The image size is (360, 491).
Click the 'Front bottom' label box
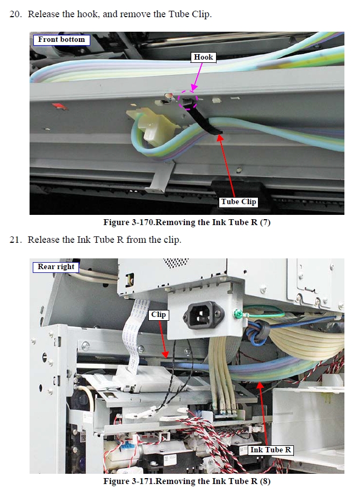(61, 40)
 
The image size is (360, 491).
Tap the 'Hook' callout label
(203, 57)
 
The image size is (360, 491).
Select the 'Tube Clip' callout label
(239, 201)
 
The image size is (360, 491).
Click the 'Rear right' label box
(56, 267)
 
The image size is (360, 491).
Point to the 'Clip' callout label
(159, 314)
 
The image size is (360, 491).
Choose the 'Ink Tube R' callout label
(271, 450)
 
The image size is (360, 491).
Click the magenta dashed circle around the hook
(188, 100)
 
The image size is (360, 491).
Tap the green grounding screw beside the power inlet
(236, 313)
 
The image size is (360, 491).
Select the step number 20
(16, 14)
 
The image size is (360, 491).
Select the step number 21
(16, 240)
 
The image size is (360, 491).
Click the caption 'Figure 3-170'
(129, 222)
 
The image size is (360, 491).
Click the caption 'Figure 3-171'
(129, 481)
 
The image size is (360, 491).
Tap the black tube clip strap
(201, 120)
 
